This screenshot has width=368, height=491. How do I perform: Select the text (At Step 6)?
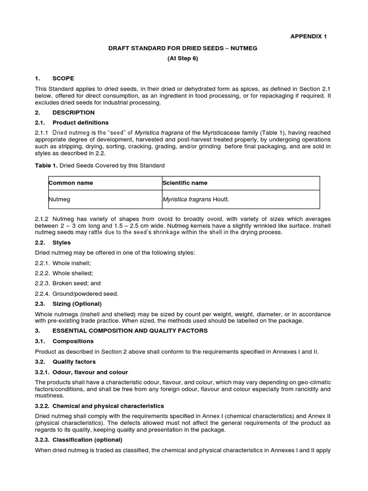pos(182,58)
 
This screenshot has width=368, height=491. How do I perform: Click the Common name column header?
pos(71,183)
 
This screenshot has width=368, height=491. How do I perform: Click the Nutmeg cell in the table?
pos(59,199)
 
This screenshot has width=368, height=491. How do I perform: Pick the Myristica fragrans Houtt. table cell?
pos(199,199)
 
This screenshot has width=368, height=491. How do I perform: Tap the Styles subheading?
pos(61,243)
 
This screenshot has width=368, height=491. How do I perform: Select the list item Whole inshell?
pos(63,263)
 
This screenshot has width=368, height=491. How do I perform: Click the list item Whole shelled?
pos(64,273)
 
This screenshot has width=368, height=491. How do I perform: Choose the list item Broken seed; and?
pos(68,283)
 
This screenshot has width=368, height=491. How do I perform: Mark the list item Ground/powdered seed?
pos(76,293)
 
